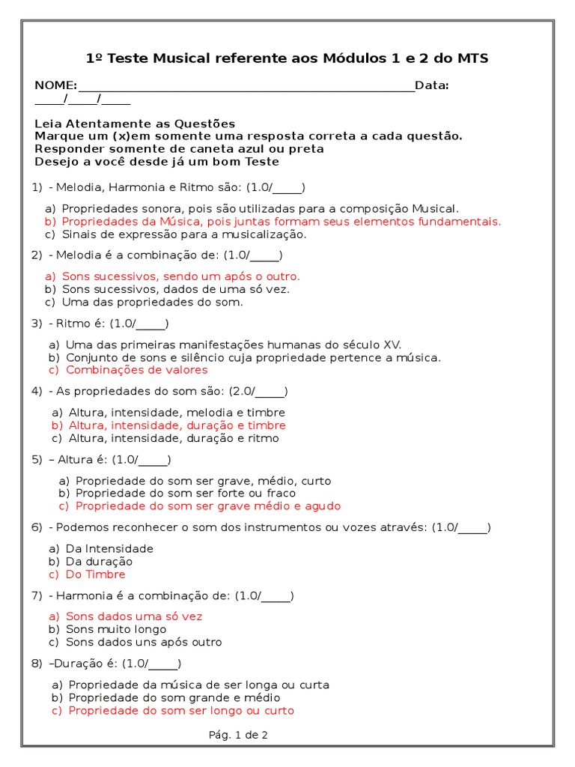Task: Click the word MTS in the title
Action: (x=472, y=58)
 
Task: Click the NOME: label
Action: (x=55, y=85)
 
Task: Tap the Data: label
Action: (x=431, y=85)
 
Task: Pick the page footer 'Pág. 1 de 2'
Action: (x=237, y=735)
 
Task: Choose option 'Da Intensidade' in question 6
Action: (x=109, y=549)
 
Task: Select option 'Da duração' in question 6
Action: (x=99, y=562)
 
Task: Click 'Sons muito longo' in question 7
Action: (x=116, y=629)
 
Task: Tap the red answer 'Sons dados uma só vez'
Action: (x=134, y=616)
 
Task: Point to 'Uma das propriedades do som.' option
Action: (x=153, y=302)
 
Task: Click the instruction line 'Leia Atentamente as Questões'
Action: (x=135, y=124)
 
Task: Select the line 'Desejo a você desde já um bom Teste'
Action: (x=156, y=162)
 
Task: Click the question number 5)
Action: (x=37, y=460)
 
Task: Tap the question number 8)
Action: (x=37, y=664)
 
